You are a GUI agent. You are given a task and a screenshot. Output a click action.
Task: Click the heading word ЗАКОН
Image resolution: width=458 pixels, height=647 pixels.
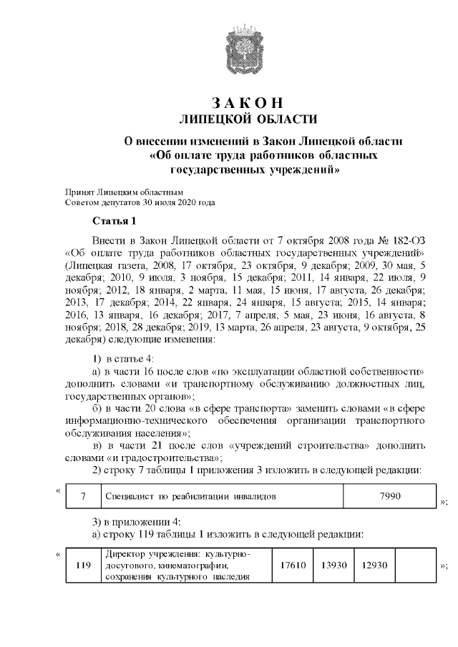(247, 102)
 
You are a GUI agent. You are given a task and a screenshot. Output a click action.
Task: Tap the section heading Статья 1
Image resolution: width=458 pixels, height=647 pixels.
(114, 219)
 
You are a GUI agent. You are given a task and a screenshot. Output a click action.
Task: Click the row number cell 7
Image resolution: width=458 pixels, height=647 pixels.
(83, 495)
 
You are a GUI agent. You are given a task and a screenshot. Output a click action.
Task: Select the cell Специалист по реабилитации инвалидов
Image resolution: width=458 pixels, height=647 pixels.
(189, 495)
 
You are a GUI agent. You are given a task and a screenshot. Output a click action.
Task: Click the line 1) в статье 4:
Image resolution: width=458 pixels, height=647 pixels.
(125, 357)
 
